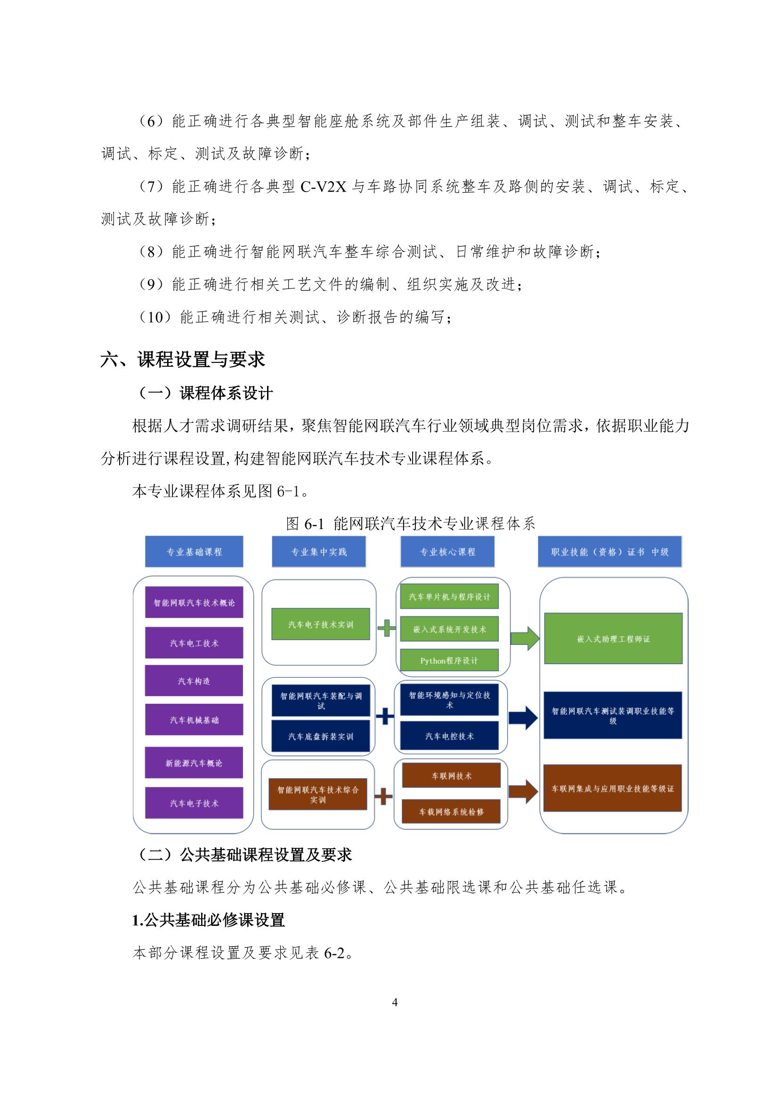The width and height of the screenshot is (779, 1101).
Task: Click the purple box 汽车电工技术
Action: click(194, 643)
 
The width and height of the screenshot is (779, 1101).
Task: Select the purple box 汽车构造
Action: click(194, 681)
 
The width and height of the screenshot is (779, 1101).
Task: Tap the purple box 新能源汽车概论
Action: click(194, 763)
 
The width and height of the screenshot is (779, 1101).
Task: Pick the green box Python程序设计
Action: click(449, 660)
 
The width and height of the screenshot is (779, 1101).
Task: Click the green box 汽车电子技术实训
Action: click(320, 624)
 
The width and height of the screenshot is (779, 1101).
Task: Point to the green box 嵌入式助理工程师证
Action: click(613, 639)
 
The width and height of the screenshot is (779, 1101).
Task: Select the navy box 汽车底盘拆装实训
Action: click(320, 736)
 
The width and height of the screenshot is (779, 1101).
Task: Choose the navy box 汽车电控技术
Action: click(449, 736)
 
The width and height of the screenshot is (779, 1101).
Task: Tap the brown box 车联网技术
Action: click(451, 775)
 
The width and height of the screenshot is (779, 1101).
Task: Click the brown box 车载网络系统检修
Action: click(451, 812)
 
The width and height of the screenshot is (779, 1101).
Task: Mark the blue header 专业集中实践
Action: click(318, 552)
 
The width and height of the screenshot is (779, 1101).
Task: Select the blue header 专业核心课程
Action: click(447, 552)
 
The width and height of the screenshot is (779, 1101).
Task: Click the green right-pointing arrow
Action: click(524, 638)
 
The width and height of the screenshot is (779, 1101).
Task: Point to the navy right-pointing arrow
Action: click(523, 718)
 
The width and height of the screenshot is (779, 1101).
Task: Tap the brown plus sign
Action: click(383, 796)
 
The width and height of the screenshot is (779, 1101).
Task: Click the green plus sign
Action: click(386, 628)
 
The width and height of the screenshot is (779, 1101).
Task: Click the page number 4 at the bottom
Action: click(395, 1002)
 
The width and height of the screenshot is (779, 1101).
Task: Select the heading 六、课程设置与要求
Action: click(183, 359)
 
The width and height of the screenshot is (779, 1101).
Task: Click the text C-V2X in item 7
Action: click(323, 186)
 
